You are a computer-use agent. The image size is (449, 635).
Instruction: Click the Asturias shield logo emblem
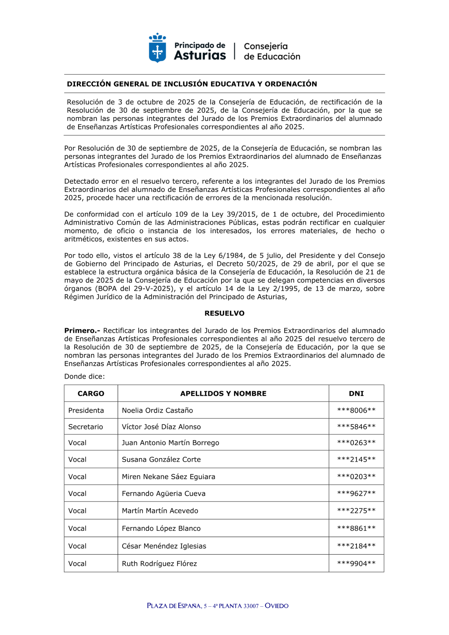(x=157, y=49)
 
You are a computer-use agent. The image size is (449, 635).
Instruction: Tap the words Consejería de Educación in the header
(x=272, y=51)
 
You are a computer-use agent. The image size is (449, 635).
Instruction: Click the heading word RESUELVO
(x=224, y=313)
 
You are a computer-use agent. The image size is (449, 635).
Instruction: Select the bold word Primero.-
(x=82, y=331)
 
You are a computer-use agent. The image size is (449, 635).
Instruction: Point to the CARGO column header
(x=91, y=393)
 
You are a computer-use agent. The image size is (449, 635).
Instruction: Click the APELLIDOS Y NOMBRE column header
(x=223, y=393)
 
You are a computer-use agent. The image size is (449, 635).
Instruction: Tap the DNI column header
(x=356, y=393)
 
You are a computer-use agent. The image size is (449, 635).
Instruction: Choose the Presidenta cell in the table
(x=86, y=410)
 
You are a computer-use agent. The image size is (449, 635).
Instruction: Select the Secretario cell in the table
(x=85, y=427)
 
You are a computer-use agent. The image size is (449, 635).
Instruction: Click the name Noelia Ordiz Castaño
(x=157, y=410)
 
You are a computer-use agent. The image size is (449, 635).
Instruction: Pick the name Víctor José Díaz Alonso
(x=161, y=427)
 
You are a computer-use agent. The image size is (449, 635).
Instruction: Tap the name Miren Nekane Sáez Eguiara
(x=168, y=476)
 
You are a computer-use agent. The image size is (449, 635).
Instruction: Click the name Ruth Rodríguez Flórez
(x=159, y=564)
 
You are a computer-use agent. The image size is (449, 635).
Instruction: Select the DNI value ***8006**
(x=356, y=410)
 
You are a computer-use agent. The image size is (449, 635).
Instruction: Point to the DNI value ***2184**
(x=356, y=546)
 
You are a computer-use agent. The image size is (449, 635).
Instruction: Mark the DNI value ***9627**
(x=356, y=494)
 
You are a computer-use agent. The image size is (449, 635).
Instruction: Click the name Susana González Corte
(x=161, y=459)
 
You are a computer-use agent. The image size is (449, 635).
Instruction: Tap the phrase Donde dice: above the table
(x=84, y=376)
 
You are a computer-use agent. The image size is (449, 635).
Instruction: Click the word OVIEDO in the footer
(x=277, y=606)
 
